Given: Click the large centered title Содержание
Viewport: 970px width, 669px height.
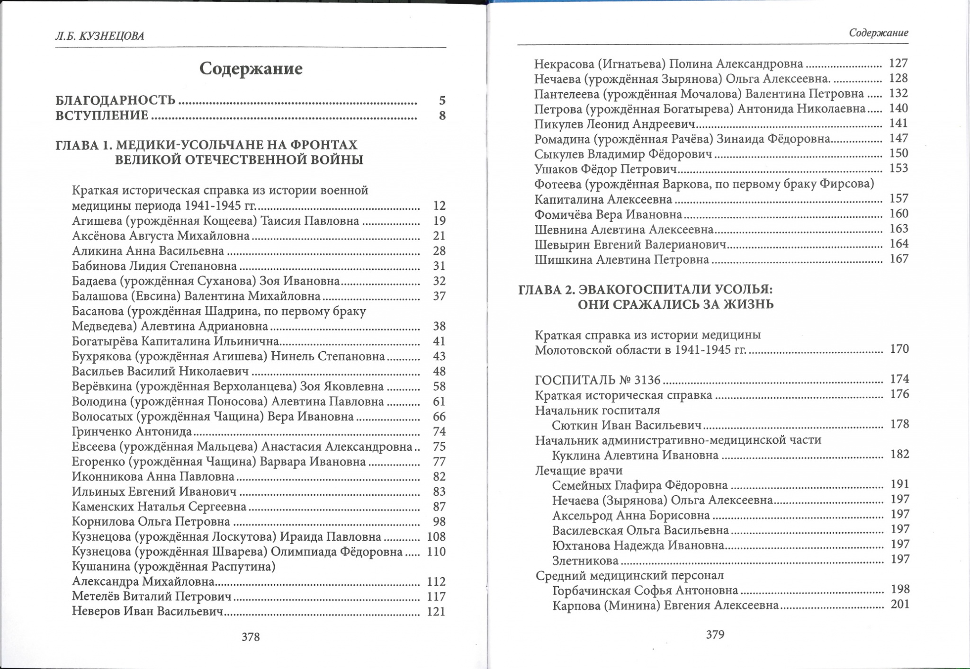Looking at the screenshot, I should tap(251, 69).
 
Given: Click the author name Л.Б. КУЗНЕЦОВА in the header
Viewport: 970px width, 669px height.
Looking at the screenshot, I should tap(99, 36).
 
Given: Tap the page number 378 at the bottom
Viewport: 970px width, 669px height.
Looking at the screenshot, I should tap(251, 637).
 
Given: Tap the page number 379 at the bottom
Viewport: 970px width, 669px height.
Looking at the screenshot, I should tap(715, 634).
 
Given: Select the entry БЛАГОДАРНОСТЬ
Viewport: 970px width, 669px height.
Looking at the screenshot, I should tap(116, 100).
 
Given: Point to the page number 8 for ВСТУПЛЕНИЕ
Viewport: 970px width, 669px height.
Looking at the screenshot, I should tap(442, 116).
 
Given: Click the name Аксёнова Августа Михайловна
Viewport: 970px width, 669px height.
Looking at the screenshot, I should tap(161, 236).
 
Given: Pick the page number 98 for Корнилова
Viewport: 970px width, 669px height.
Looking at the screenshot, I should tap(439, 522).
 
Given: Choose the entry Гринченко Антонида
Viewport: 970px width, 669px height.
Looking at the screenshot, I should tap(132, 431).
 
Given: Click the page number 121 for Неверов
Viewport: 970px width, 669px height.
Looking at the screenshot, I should tap(436, 612).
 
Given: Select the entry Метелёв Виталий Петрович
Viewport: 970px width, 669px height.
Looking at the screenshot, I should tap(152, 597).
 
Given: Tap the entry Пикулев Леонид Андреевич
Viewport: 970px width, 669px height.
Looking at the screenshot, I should tap(614, 124).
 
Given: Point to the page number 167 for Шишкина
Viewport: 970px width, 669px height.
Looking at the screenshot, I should tap(898, 259).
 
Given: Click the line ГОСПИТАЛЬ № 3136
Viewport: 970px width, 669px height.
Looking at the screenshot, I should tap(598, 380).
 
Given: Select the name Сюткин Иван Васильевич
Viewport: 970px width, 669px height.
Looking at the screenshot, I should tap(626, 425).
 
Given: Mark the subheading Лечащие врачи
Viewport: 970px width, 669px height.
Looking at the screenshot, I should tap(578, 471).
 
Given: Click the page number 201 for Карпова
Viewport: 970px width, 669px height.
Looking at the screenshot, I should tap(900, 604).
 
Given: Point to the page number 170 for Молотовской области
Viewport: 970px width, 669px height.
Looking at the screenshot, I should tap(899, 349).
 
